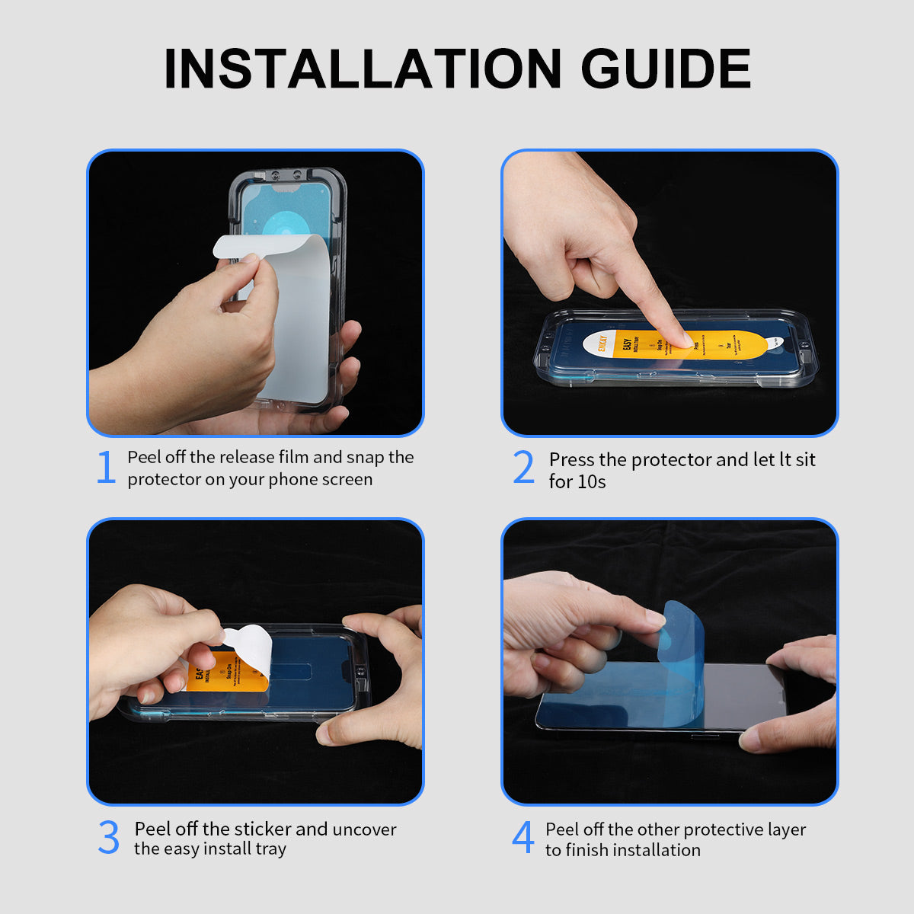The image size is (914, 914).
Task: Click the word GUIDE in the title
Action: [x=666, y=69]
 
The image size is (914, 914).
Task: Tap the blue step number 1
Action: [x=106, y=468]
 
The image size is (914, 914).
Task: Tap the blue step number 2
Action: [x=523, y=468]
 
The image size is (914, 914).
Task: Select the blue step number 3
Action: [x=109, y=838]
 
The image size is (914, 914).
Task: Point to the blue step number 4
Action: [x=523, y=838]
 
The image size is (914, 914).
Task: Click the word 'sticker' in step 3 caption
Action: [x=262, y=829]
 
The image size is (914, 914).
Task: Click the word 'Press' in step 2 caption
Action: [x=572, y=460]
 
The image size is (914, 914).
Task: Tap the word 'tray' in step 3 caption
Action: [x=270, y=849]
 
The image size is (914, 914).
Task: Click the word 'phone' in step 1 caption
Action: [x=294, y=480]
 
